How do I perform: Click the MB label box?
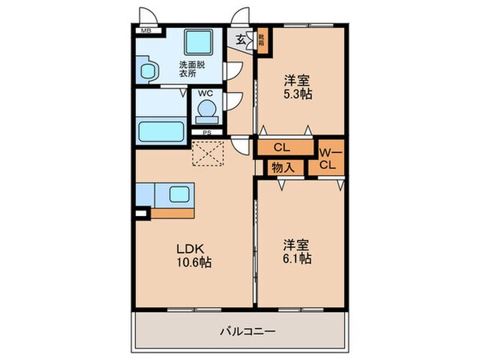(x=146, y=31)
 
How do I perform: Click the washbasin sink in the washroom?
(x=148, y=71)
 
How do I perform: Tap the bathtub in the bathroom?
(x=162, y=129)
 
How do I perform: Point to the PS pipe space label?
(x=207, y=133)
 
